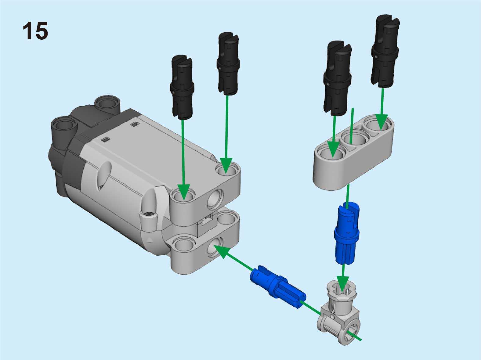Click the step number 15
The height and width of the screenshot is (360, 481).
[x=35, y=31]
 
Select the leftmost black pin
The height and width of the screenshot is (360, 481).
[x=182, y=87]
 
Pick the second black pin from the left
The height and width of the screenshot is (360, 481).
[x=228, y=63]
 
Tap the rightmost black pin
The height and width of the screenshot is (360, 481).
[x=385, y=52]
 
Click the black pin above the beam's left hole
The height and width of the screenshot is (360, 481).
[x=337, y=78]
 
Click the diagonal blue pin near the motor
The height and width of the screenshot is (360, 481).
[x=278, y=287]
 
